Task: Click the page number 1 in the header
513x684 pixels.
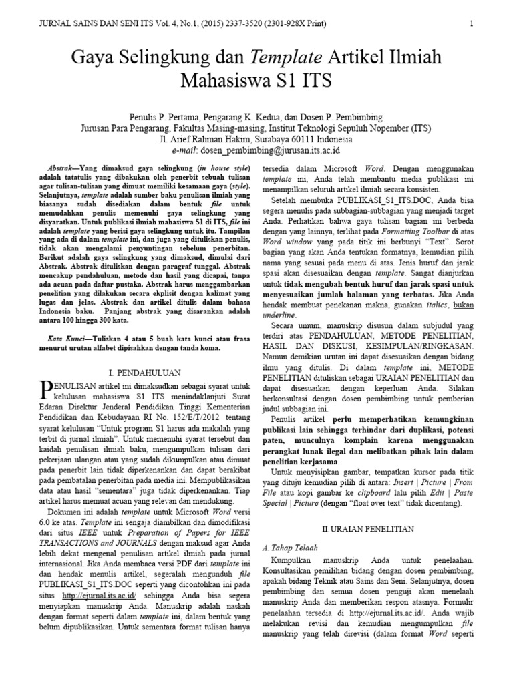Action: tap(472, 24)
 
